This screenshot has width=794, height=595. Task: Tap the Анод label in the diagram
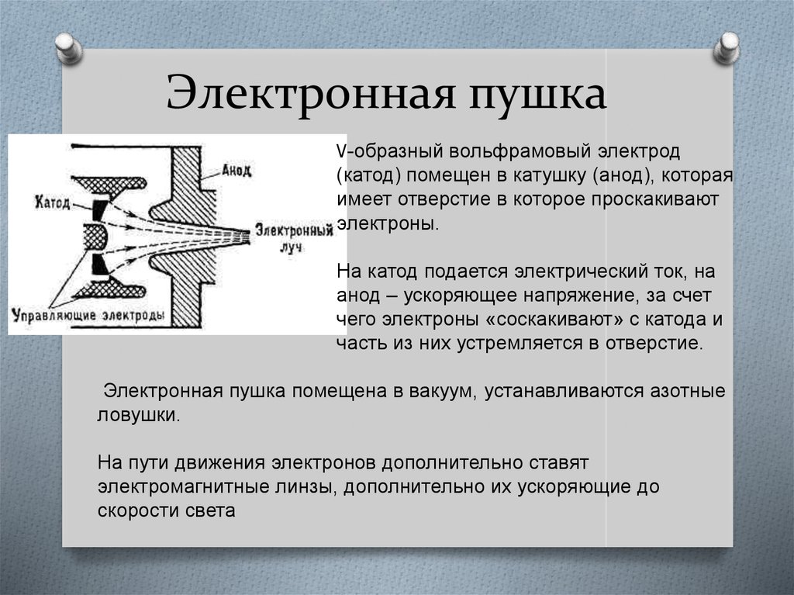[x=236, y=171]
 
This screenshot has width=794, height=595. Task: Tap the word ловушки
[x=137, y=414]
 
